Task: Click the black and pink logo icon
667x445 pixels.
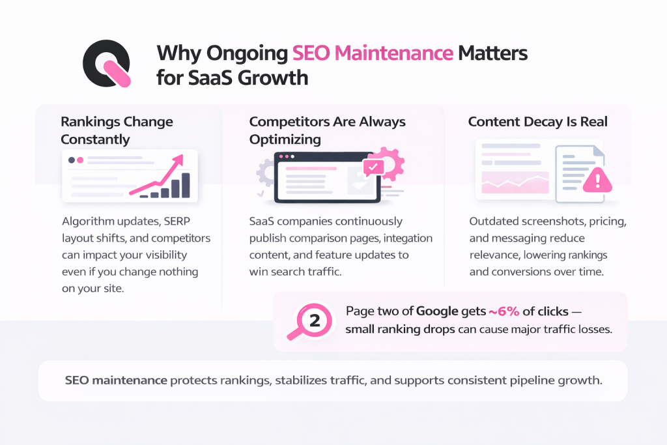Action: tap(107, 65)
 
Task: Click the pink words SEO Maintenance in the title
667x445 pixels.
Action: tap(373, 53)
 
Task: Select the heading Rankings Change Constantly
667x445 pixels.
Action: tap(117, 130)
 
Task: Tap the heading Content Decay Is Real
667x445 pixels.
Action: tap(537, 122)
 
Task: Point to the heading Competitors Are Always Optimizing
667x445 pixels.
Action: tap(328, 130)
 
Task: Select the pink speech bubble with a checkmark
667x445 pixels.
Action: tap(373, 167)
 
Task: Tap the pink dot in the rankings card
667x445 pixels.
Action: tap(81, 160)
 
